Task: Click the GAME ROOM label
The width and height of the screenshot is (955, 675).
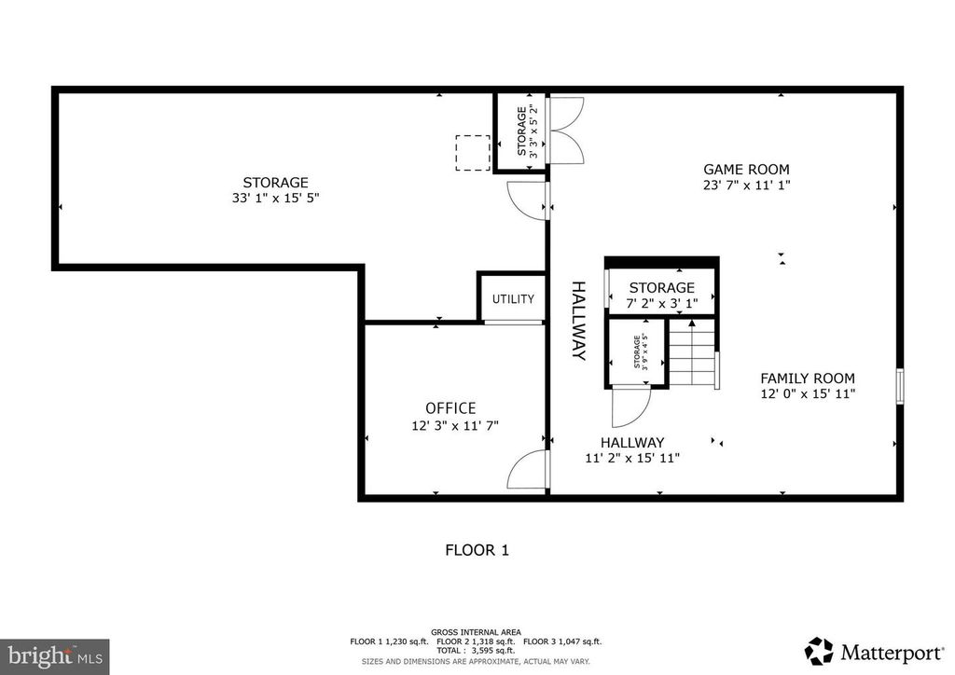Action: click(746, 169)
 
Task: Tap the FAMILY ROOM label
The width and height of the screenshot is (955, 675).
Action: click(808, 378)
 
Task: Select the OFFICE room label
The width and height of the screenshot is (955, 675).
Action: click(450, 408)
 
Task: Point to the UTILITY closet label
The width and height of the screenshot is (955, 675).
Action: click(514, 299)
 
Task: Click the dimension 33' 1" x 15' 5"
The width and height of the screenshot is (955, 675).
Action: click(276, 198)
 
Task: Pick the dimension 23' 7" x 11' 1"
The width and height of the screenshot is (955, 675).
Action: click(747, 185)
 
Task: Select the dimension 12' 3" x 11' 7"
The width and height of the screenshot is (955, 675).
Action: click(455, 425)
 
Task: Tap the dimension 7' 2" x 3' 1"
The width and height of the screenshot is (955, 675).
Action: click(662, 303)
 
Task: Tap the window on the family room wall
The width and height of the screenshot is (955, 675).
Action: click(900, 386)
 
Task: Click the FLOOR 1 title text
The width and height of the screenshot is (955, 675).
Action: click(477, 550)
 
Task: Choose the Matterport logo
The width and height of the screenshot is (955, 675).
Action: click(874, 652)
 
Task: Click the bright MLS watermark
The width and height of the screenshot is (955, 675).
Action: click(55, 656)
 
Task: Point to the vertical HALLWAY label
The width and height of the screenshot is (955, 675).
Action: click(578, 321)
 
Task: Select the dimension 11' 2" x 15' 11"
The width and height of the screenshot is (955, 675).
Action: click(632, 459)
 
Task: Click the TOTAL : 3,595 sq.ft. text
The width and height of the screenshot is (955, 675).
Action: click(476, 651)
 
